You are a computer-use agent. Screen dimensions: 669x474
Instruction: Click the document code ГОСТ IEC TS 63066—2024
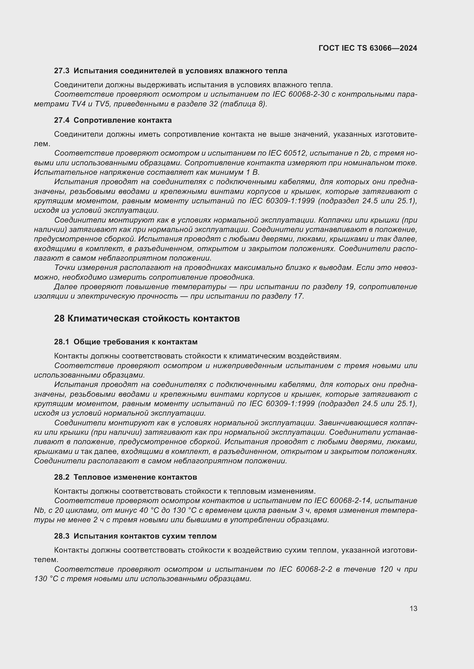click(368, 48)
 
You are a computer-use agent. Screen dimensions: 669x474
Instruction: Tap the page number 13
click(413, 609)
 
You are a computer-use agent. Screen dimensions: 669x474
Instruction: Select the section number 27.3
click(62, 71)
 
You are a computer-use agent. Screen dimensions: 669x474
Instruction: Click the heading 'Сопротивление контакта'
click(123, 120)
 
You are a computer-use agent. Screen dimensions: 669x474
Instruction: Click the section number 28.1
click(62, 342)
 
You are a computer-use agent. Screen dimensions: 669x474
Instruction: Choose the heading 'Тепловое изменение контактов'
click(135, 477)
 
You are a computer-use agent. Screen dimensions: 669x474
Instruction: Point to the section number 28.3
click(62, 536)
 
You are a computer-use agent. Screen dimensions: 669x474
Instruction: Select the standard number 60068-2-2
click(314, 569)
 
